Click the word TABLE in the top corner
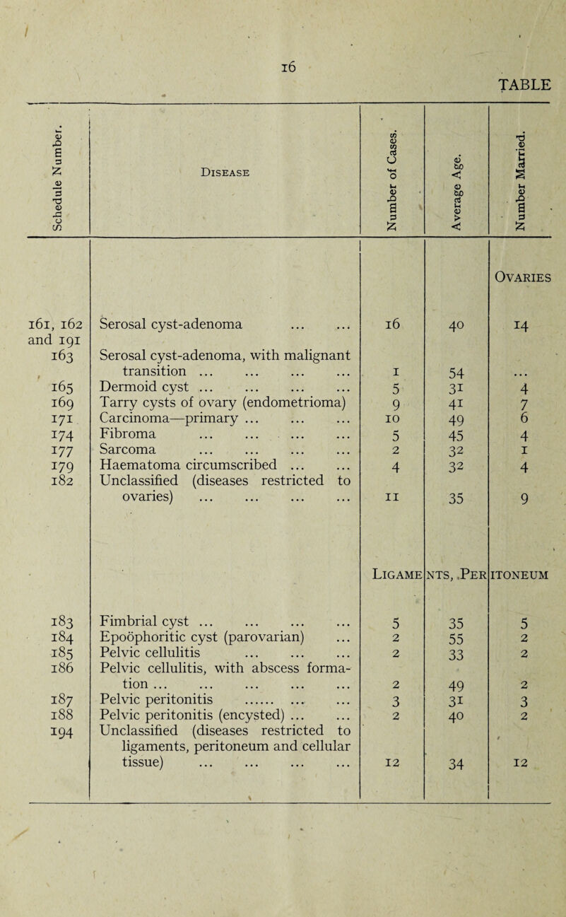(523, 86)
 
